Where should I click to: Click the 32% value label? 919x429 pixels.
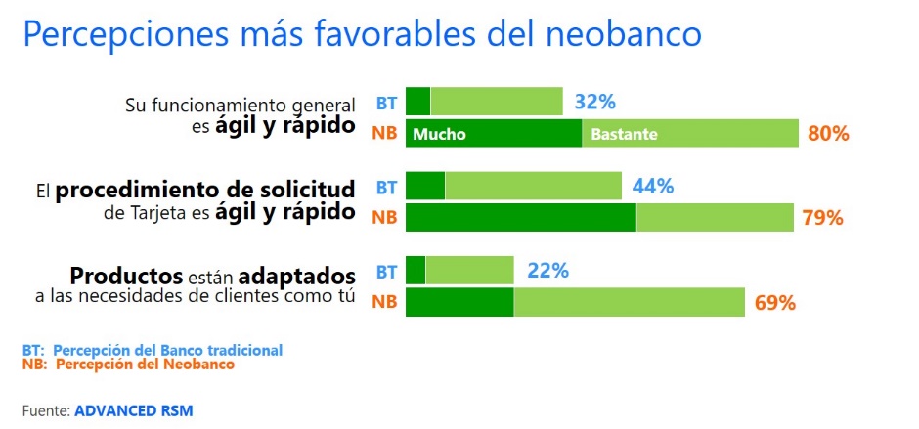(x=594, y=102)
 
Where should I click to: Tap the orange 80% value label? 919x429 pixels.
(x=827, y=133)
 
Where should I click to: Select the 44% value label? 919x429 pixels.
(x=653, y=186)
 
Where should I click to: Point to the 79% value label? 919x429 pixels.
(x=822, y=218)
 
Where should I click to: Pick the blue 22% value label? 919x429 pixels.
(x=547, y=271)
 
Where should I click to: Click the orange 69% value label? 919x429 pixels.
(x=774, y=303)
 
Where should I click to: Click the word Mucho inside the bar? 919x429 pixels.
(x=439, y=134)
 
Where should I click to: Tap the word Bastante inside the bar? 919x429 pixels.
(x=624, y=134)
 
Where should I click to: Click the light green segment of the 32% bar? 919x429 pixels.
(x=497, y=102)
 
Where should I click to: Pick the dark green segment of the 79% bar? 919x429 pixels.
(x=520, y=218)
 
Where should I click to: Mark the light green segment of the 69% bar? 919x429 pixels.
(x=630, y=303)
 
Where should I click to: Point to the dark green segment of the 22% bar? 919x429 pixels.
(x=416, y=271)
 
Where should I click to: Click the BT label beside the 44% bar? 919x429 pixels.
(x=386, y=186)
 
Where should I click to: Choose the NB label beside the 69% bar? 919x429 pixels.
(x=384, y=303)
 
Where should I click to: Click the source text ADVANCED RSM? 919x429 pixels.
(x=133, y=411)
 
